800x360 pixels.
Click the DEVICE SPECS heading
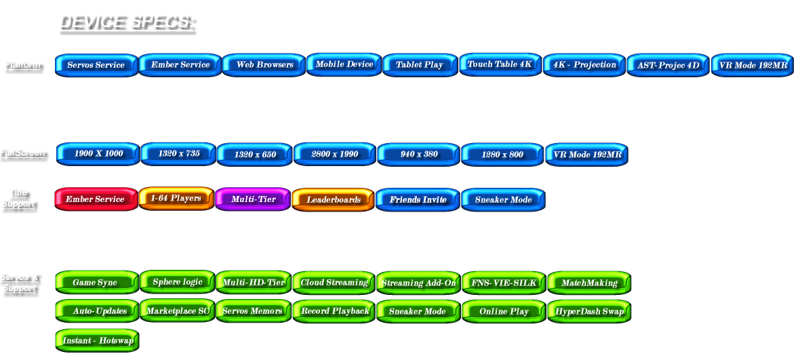(127, 22)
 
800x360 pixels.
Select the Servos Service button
(96, 65)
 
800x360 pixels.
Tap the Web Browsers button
(264, 65)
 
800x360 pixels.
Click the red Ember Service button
(96, 199)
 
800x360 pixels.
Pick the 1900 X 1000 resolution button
(98, 154)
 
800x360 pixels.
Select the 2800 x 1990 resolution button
(335, 154)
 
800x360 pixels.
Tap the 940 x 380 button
(419, 155)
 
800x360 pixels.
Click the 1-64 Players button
(176, 199)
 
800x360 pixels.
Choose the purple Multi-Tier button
(253, 199)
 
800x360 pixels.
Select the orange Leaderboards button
(334, 200)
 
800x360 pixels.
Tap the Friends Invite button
(418, 200)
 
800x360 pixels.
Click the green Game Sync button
(96, 283)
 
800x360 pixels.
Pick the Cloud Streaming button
(334, 283)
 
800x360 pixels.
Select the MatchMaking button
(589, 283)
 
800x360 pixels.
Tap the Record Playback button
(334, 311)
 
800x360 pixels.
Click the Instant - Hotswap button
(98, 340)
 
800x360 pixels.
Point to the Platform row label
(23, 66)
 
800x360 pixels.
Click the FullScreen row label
(23, 153)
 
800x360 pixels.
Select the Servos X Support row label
(19, 283)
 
